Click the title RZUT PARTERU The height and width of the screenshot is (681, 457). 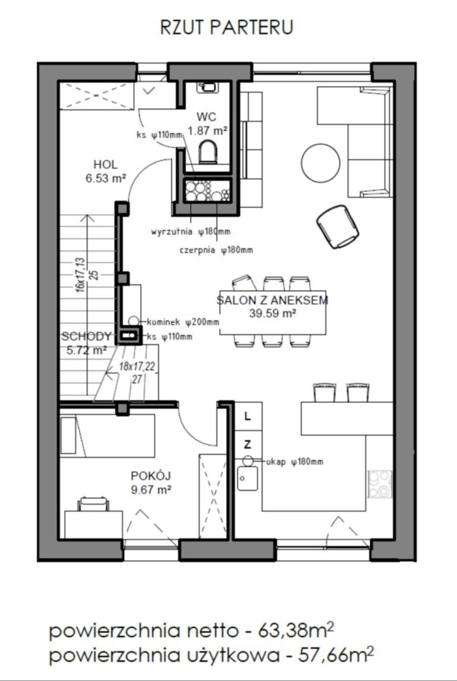point(227,27)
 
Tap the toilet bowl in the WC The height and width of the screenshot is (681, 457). point(208,152)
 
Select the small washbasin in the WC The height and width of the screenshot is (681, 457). point(208,87)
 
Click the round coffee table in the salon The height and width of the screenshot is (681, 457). point(320,163)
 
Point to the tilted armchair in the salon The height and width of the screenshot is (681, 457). point(338,227)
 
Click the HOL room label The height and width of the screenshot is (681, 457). point(106,164)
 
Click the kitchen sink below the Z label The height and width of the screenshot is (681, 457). point(247,479)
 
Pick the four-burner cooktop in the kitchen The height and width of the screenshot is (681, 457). point(380,484)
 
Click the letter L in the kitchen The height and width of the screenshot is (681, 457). point(247,416)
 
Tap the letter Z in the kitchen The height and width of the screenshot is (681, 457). point(247,444)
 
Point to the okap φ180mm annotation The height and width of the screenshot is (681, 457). point(294,462)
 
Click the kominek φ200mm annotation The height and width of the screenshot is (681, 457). point(183,322)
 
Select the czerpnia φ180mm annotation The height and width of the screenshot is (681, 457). point(216,250)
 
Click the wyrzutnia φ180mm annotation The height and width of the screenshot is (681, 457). point(191,231)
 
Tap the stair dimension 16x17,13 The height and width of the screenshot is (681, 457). point(80,275)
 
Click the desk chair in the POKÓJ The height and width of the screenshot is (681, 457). point(93,504)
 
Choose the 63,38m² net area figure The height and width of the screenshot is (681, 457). point(297,631)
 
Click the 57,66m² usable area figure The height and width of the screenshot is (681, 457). point(336,655)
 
